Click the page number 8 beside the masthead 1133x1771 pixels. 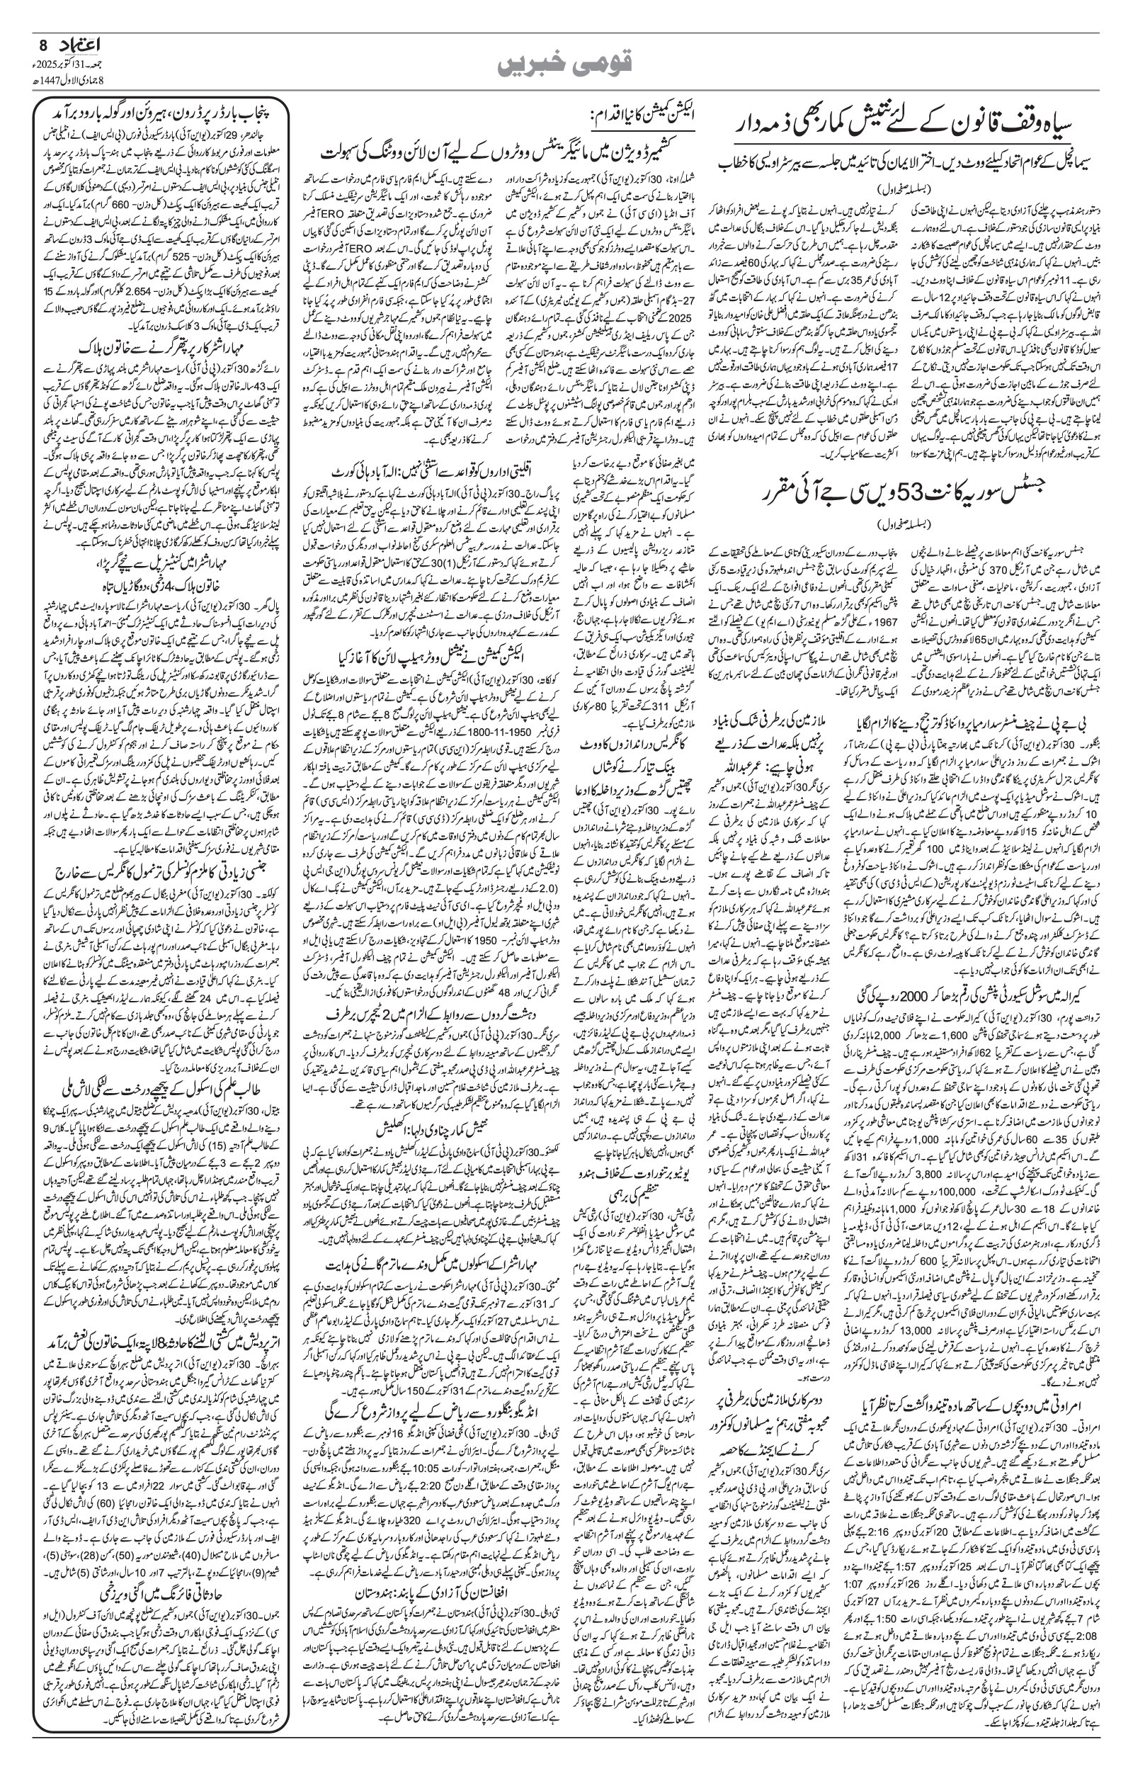coord(43,46)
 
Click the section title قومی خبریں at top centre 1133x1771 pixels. coord(565,64)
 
